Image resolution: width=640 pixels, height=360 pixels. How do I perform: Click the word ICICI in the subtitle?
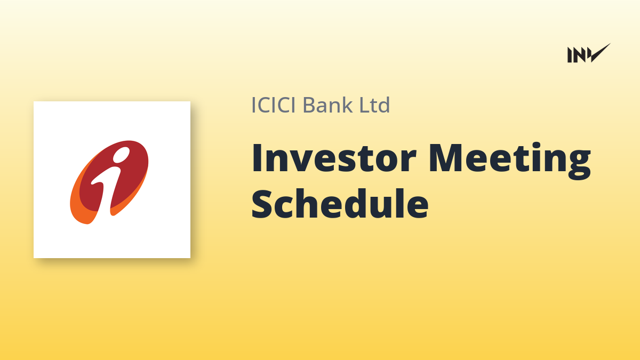[273, 105]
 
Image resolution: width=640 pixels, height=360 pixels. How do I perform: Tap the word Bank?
[327, 105]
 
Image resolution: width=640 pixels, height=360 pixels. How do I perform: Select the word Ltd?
[374, 105]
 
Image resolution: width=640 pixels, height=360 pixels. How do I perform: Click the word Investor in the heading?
[333, 158]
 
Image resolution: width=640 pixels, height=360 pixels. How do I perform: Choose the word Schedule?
[340, 203]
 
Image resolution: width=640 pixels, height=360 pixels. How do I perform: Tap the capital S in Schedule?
[263, 204]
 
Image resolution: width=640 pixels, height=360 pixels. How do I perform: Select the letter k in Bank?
[346, 105]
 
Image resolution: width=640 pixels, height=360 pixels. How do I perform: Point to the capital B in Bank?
[310, 105]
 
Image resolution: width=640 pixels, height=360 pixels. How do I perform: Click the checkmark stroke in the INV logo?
[600, 53]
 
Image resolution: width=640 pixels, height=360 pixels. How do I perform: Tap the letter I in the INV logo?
[570, 55]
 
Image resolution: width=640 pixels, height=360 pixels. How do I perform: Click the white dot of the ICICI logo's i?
[121, 155]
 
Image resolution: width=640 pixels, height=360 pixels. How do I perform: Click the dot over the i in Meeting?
[534, 146]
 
